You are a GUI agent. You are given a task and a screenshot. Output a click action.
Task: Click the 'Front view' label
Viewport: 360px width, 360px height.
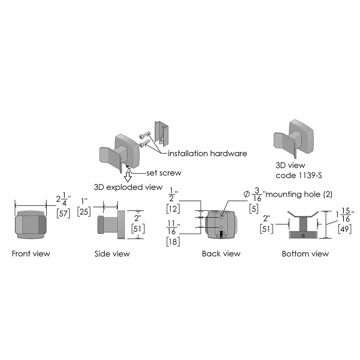click(31, 253)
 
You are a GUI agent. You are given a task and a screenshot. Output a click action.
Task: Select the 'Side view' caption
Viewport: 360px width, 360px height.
click(112, 253)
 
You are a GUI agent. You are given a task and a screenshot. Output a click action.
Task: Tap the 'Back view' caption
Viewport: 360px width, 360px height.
click(221, 253)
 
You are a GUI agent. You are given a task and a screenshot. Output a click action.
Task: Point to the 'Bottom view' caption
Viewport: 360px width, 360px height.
click(305, 253)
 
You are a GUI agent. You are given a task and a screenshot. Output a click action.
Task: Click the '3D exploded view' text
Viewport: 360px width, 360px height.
click(128, 187)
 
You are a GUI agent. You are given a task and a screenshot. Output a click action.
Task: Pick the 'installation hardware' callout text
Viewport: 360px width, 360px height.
click(208, 153)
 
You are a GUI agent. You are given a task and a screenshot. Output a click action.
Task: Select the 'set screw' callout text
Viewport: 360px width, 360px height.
click(164, 173)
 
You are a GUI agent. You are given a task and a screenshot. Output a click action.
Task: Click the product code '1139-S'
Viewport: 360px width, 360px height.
click(310, 175)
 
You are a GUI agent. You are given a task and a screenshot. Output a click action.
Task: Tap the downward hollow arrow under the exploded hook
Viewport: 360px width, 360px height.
click(128, 177)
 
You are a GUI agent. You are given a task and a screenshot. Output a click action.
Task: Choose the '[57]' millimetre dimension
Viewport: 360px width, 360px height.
click(63, 213)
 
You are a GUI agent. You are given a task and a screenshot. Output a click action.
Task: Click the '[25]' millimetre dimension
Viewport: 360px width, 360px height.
click(84, 211)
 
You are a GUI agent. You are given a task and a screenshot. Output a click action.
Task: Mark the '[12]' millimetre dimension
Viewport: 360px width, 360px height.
click(173, 209)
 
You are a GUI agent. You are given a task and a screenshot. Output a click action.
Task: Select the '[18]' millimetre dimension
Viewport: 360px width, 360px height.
click(173, 242)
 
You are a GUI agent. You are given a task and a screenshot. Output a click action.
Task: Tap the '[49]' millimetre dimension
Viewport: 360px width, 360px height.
click(345, 229)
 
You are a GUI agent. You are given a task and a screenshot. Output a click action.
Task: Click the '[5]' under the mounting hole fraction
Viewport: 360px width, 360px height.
click(254, 209)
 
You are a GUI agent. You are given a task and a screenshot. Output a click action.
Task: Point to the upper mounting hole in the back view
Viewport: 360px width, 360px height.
click(221, 217)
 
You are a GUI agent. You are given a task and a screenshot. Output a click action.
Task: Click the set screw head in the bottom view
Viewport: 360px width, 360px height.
click(303, 235)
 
